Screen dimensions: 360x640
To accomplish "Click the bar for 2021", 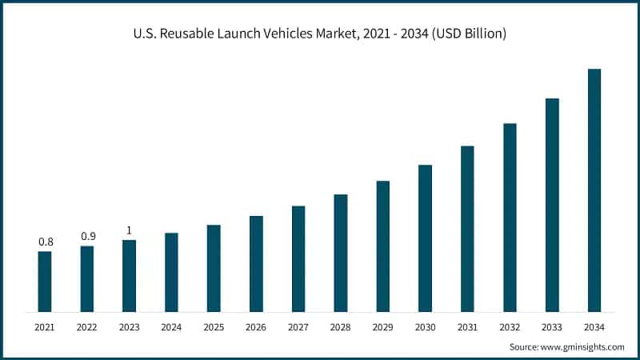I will [x=45, y=282].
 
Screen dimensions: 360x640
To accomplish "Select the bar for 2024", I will [x=171, y=272].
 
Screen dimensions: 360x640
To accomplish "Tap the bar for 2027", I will [x=298, y=258].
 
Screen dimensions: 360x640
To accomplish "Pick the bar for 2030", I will [x=426, y=238].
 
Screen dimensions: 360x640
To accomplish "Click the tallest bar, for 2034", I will [x=594, y=190].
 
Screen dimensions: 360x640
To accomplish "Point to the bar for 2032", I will [x=510, y=218].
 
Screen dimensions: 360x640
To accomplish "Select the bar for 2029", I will [x=383, y=246].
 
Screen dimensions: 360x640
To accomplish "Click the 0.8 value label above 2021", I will [x=46, y=242].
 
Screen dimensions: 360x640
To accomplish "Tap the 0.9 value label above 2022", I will [x=87, y=236].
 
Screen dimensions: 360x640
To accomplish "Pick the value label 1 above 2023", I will [x=129, y=230].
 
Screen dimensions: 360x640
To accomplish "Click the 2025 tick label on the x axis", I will [x=214, y=327].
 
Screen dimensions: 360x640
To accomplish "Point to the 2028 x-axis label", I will [x=341, y=327].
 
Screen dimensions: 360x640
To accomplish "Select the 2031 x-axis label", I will [x=467, y=327].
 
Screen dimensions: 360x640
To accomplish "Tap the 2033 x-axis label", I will [x=552, y=327].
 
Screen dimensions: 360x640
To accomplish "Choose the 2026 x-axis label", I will [x=256, y=327].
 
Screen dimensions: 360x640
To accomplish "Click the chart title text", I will [x=320, y=34].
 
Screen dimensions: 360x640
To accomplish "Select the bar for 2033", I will [x=552, y=205].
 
